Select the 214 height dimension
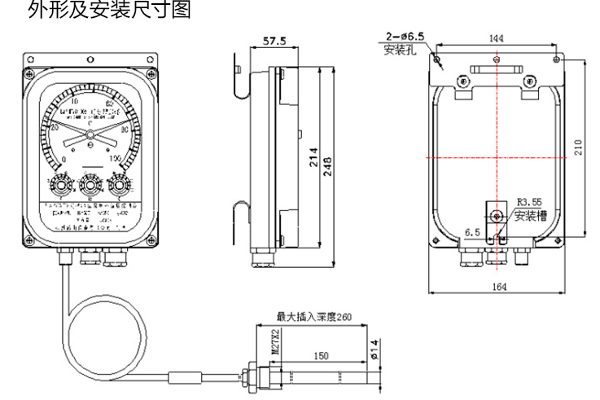(x=313, y=161)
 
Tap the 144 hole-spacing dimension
(x=495, y=38)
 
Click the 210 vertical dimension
(x=578, y=146)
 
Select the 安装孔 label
(x=399, y=49)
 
